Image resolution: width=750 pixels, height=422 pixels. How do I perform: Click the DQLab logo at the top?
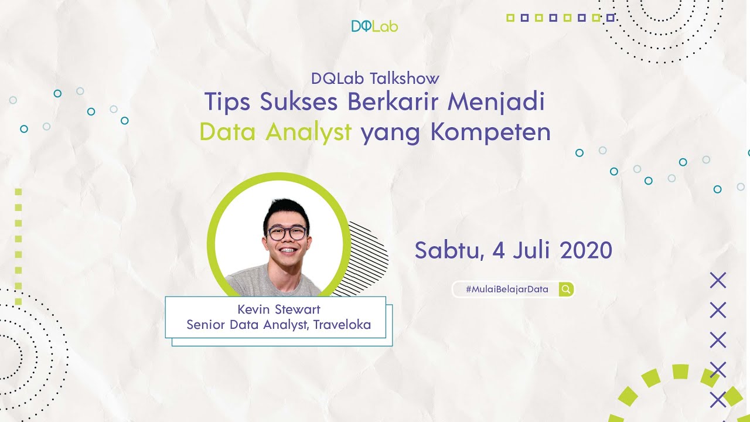tap(374, 26)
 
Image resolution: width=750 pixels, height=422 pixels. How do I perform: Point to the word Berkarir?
tap(393, 102)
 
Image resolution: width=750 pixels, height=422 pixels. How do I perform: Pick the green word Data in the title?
tap(228, 132)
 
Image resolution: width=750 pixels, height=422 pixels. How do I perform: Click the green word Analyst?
tap(308, 132)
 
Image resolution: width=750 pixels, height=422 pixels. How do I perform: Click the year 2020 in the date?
tap(586, 250)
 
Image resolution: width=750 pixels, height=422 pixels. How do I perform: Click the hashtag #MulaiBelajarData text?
tap(507, 290)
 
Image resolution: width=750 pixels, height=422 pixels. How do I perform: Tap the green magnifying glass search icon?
tap(565, 289)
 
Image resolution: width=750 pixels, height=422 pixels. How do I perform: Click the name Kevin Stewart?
tap(279, 309)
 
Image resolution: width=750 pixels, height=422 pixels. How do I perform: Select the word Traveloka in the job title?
tap(342, 325)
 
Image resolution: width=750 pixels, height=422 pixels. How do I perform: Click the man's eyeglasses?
tap(287, 233)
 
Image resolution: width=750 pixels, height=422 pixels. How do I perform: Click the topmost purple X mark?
tap(718, 280)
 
